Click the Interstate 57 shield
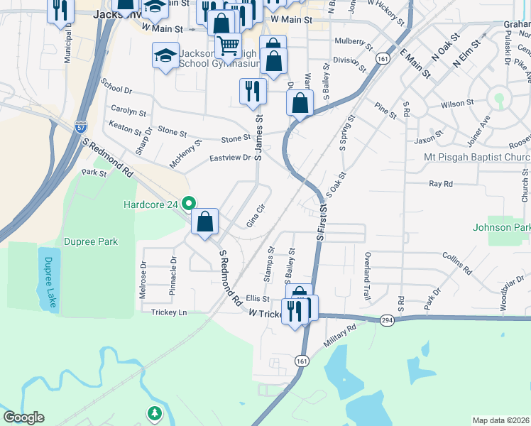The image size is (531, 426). coord(81,127)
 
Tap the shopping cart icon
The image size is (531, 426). coord(228,46)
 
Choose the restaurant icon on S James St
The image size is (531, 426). coord(253,90)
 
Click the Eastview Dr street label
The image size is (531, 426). coord(231,158)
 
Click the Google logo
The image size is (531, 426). coord(23,417)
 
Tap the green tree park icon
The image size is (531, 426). coord(154,413)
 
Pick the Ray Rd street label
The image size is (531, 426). coord(441,184)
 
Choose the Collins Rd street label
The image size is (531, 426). coord(457,264)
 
